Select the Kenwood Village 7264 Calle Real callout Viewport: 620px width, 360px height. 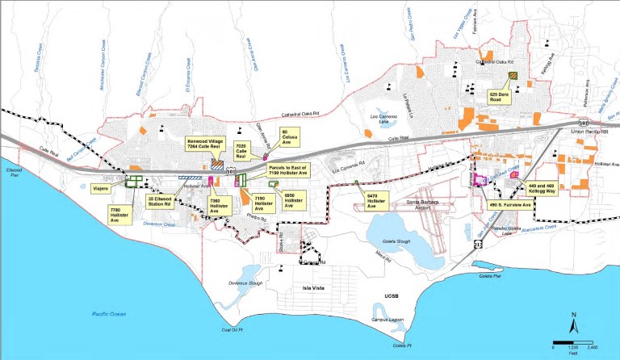207,142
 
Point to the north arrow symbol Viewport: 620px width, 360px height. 572,324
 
